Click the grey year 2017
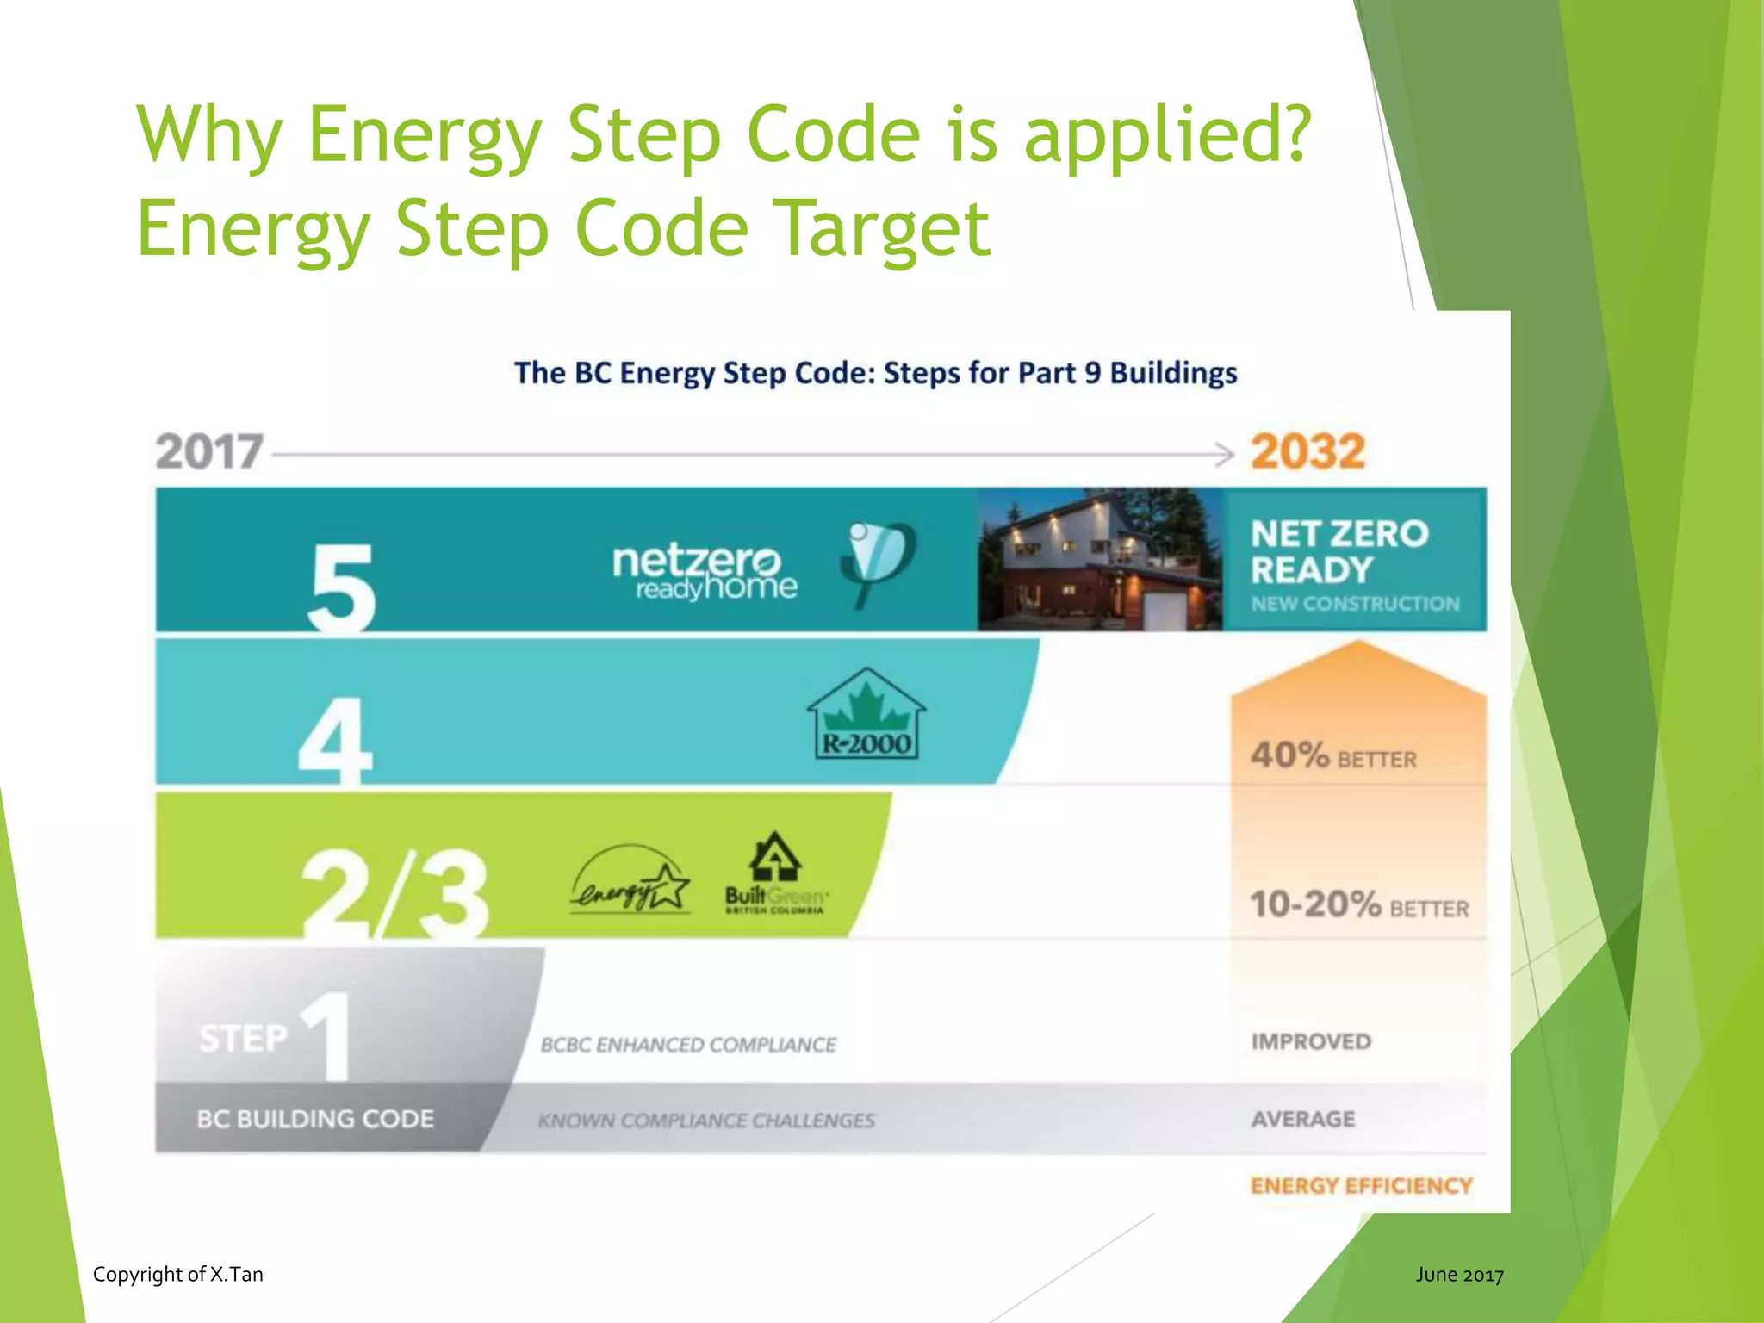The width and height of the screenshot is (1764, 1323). (x=209, y=452)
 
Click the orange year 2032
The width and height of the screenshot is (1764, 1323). (x=1307, y=452)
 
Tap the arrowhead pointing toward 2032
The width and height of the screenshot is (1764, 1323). (x=1225, y=454)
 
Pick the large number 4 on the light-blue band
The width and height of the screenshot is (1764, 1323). (x=335, y=742)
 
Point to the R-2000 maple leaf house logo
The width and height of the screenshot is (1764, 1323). (x=866, y=716)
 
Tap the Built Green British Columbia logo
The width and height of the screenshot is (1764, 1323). (x=775, y=874)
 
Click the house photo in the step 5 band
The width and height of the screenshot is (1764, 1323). (x=1100, y=560)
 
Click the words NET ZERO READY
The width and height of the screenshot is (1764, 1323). (x=1339, y=552)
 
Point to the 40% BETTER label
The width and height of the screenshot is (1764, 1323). (x=1333, y=756)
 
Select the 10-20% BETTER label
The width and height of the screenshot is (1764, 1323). (x=1359, y=905)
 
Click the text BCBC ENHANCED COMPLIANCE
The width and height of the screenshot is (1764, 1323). (x=688, y=1045)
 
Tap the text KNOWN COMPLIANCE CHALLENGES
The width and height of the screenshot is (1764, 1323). (x=706, y=1121)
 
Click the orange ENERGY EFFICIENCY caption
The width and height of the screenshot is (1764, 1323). (x=1361, y=1186)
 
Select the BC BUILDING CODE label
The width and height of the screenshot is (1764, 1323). (x=315, y=1119)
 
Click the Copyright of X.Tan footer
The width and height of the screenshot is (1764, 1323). (x=178, y=1274)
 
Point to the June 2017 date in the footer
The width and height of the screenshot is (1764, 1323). (x=1459, y=1275)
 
